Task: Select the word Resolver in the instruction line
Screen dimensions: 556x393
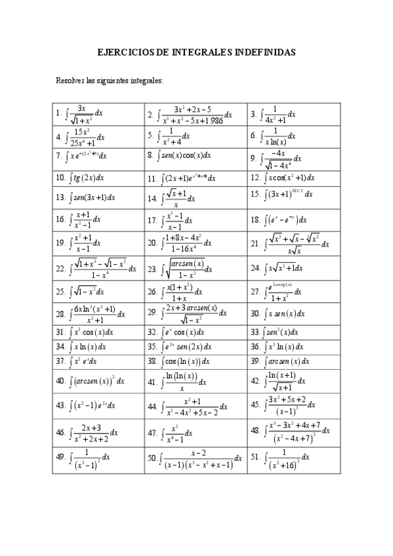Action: click(70, 80)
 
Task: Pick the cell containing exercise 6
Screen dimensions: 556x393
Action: click(293, 137)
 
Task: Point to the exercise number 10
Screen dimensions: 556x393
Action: click(60, 178)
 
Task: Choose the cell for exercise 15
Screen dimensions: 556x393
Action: click(293, 196)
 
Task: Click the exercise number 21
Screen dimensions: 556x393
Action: click(255, 244)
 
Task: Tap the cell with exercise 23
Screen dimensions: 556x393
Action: click(196, 268)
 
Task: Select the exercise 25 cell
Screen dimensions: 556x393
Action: click(98, 292)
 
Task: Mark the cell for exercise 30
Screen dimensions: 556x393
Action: click(293, 314)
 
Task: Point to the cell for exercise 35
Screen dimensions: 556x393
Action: click(196, 346)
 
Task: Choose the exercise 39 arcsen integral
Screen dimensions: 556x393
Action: click(293, 361)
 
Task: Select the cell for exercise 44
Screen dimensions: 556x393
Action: click(196, 407)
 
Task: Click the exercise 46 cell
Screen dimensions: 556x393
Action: click(98, 432)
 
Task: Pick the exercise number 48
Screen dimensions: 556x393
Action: click(255, 431)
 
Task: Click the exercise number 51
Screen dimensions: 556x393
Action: click(255, 458)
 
